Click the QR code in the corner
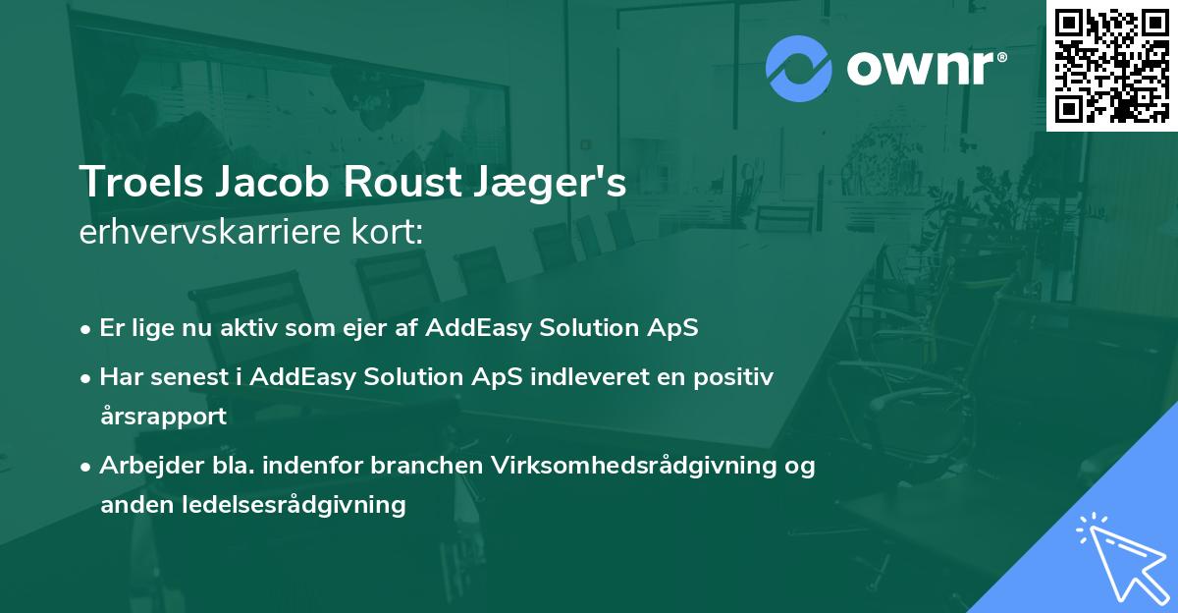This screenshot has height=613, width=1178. click(x=1112, y=66)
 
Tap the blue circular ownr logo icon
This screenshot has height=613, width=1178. click(x=799, y=69)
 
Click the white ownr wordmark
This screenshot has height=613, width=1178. click(x=926, y=69)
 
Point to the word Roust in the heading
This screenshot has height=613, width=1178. click(x=402, y=182)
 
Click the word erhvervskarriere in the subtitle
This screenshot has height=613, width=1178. click(x=210, y=232)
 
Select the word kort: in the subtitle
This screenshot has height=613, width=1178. click(x=387, y=232)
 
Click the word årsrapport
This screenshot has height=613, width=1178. click(x=164, y=416)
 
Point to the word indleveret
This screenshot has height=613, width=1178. click(x=590, y=377)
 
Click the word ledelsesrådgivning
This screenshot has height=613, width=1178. click(x=294, y=506)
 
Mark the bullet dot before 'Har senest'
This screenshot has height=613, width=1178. click(x=85, y=379)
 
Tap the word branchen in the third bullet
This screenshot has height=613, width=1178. click(x=426, y=466)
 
